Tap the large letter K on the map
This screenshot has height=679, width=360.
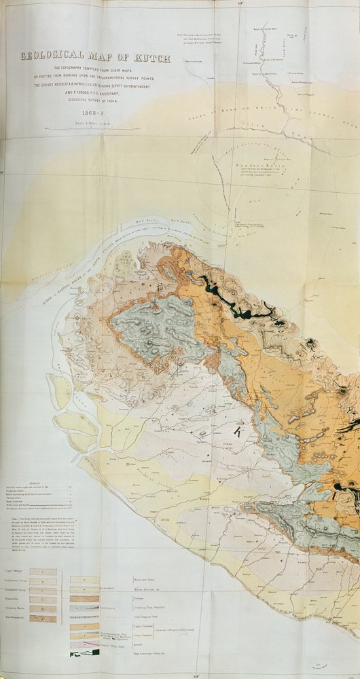(x=238, y=430)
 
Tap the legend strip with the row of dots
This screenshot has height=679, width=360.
(x=84, y=616)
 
